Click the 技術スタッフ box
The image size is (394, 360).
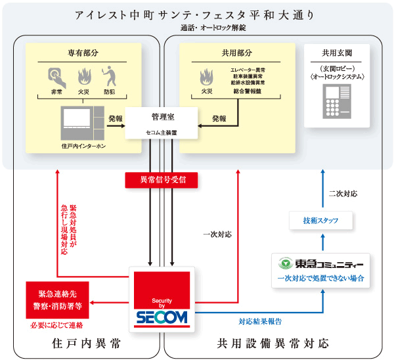pyautogui.click(x=322, y=221)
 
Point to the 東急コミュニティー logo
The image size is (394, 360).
pyautogui.click(x=321, y=265)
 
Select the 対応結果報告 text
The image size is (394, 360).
pyautogui.click(x=260, y=321)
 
